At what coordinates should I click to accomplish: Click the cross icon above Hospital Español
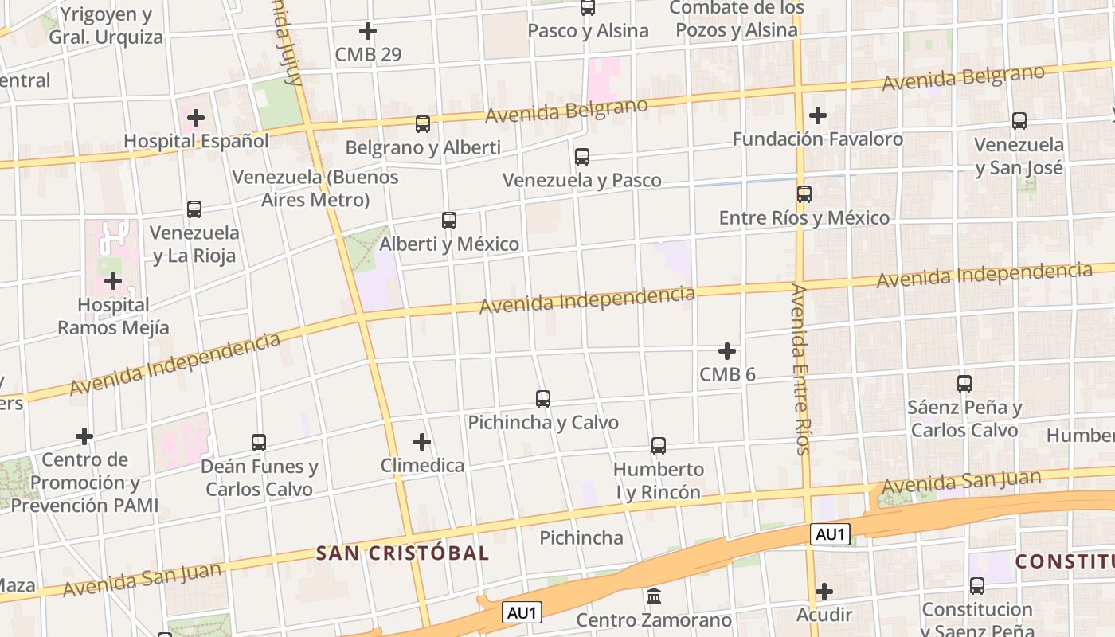click(x=196, y=119)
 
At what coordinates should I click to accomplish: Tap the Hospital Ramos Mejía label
click(x=113, y=316)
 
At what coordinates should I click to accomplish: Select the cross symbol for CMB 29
click(x=368, y=32)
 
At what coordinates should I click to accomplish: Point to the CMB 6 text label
click(x=727, y=374)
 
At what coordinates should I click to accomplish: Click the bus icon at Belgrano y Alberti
click(x=423, y=124)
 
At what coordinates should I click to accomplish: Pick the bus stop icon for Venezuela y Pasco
click(x=582, y=157)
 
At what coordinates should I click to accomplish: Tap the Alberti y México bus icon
click(x=449, y=221)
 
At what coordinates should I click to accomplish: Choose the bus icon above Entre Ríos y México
click(x=804, y=194)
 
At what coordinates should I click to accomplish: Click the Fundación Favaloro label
click(x=817, y=139)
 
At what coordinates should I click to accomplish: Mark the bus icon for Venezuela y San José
click(x=1019, y=122)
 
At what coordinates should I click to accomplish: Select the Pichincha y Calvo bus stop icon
click(x=543, y=399)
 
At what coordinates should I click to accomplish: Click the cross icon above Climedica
click(x=422, y=442)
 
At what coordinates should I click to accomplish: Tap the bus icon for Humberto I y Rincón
click(x=659, y=446)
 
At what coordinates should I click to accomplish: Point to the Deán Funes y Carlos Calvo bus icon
click(x=259, y=443)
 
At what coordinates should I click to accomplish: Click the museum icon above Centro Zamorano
click(x=654, y=596)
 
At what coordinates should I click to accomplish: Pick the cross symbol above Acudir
click(x=824, y=592)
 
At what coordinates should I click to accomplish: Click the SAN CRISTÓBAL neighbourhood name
click(x=402, y=553)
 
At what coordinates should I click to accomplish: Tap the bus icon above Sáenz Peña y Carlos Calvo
click(x=964, y=384)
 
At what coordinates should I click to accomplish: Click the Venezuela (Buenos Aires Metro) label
click(x=315, y=188)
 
